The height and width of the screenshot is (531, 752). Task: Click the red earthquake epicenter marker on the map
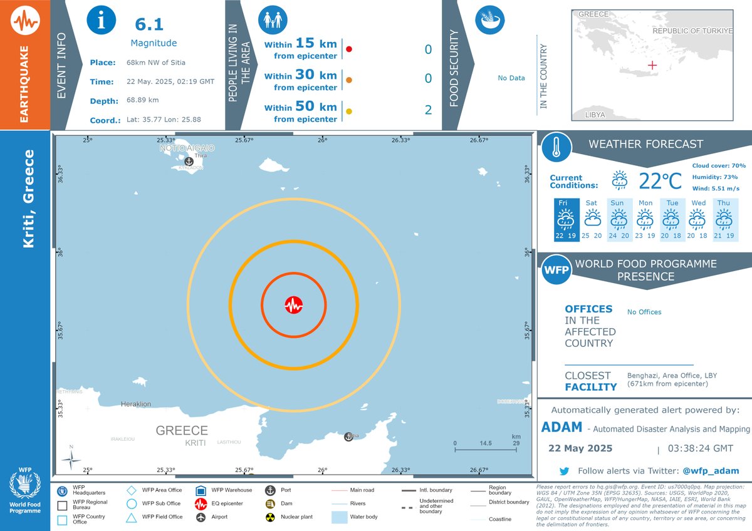click(x=293, y=305)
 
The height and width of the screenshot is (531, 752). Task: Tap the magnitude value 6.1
click(x=149, y=24)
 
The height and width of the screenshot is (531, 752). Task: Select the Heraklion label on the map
click(x=136, y=405)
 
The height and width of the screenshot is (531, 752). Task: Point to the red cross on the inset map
click(x=652, y=65)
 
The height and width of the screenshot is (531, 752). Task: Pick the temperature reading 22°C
click(x=660, y=181)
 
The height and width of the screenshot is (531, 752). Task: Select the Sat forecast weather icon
click(x=592, y=219)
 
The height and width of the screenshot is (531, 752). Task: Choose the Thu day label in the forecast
click(x=723, y=203)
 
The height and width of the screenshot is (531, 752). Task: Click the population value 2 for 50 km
click(x=428, y=111)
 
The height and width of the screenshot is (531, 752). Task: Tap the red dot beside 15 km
click(x=349, y=49)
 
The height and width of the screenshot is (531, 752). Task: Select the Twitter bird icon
click(x=564, y=471)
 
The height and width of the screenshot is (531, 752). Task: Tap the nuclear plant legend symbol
click(x=271, y=518)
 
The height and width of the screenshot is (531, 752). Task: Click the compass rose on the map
click(x=71, y=460)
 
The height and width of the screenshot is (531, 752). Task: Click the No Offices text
click(x=644, y=312)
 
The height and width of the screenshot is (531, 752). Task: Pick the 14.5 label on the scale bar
click(x=486, y=443)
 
